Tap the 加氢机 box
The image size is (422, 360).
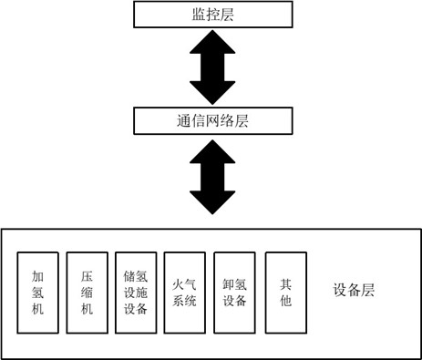tap(38, 292)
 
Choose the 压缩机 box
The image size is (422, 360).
tap(87, 292)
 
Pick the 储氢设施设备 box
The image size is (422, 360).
tap(135, 292)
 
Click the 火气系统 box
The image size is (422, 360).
tap(184, 292)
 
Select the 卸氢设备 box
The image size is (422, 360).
tap(234, 292)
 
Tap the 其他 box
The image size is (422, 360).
tap(285, 292)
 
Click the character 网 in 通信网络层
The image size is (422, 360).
tap(189, 118)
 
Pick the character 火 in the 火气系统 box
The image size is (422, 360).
tap(177, 283)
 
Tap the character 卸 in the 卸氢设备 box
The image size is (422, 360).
tap(227, 283)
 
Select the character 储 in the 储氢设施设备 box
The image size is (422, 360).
tap(129, 273)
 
